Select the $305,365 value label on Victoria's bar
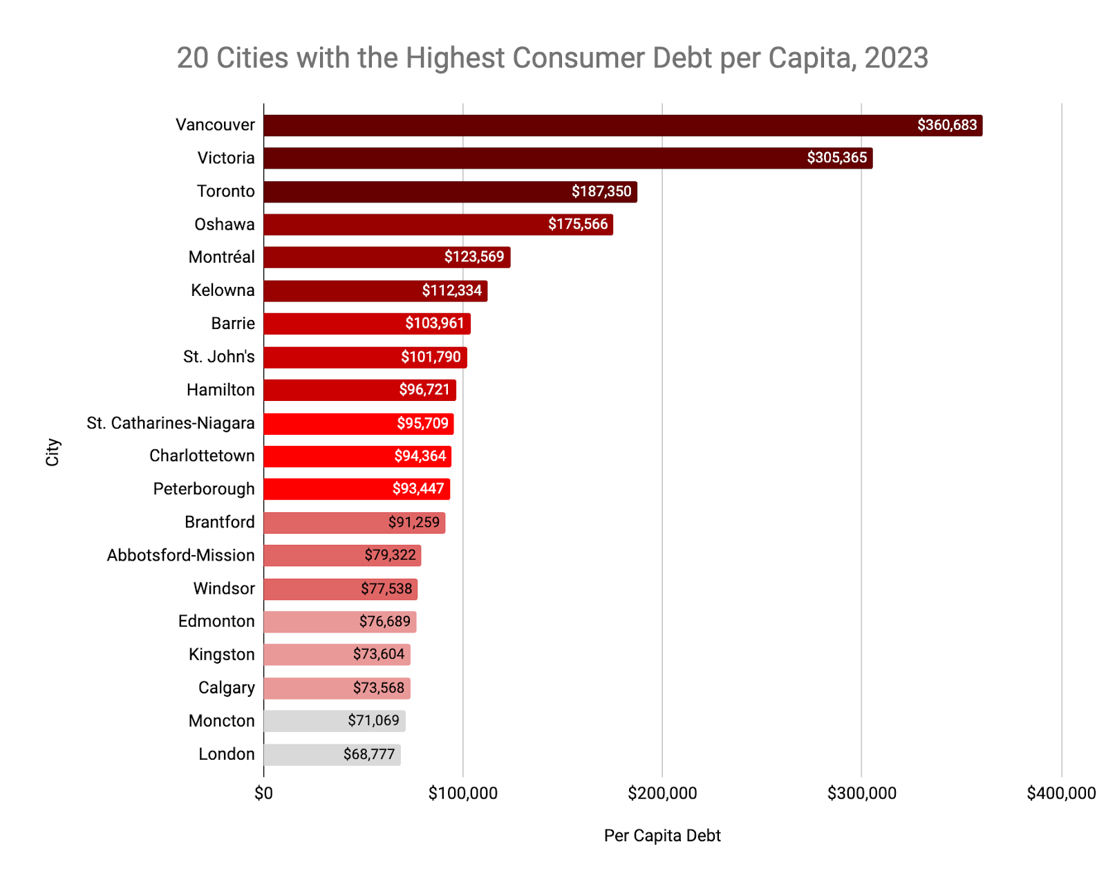(836, 158)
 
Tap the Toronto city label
(225, 191)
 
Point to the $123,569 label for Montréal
(474, 257)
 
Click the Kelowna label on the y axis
(223, 290)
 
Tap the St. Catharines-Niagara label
(171, 423)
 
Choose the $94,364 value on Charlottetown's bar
(420, 456)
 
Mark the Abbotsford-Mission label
(180, 556)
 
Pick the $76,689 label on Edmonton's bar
(384, 621)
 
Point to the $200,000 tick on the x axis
(662, 794)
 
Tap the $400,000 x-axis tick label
(1061, 794)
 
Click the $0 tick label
(263, 794)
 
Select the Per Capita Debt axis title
(662, 836)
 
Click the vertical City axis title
(53, 452)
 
